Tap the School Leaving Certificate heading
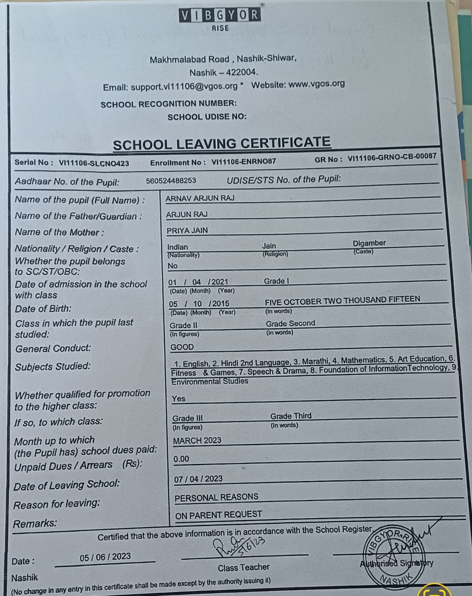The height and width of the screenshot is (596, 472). (222, 143)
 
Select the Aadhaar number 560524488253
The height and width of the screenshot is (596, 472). (171, 181)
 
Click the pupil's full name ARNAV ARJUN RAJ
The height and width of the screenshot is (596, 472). (200, 198)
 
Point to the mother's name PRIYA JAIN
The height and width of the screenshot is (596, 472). (187, 230)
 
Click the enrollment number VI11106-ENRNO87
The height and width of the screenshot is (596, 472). (243, 161)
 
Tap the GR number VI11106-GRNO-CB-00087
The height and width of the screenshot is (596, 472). (392, 158)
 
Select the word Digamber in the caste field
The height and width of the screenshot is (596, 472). (369, 243)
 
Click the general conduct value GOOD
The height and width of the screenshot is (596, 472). (182, 347)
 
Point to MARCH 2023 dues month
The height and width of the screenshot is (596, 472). (197, 440)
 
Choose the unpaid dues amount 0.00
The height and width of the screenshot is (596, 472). (181, 459)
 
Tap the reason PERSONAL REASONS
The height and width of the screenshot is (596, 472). (216, 497)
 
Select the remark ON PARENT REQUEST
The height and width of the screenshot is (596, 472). (219, 515)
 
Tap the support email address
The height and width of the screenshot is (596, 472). (184, 87)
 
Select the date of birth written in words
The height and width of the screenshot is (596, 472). (342, 300)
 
